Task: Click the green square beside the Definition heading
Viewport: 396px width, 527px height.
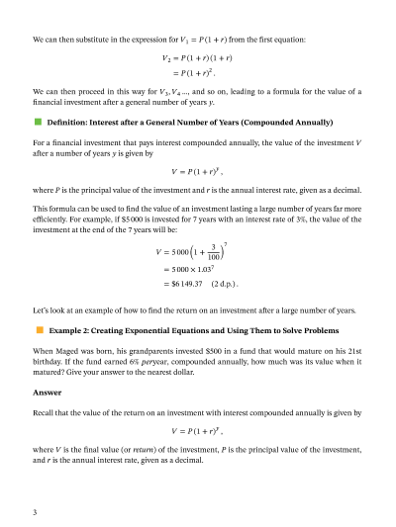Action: point(38,123)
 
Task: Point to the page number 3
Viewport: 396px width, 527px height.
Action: point(35,511)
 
